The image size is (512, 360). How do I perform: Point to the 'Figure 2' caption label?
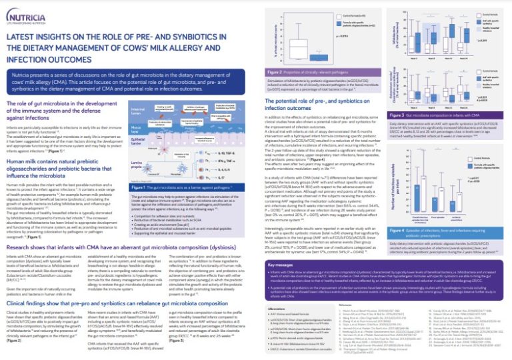point(277,71)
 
